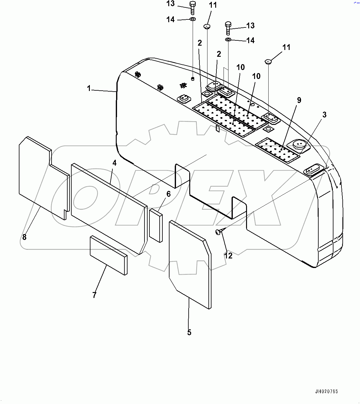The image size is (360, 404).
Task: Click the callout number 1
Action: click(89, 89)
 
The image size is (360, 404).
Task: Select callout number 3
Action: click(324, 115)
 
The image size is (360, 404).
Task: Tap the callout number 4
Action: click(114, 163)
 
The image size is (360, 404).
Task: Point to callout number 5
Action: click(189, 332)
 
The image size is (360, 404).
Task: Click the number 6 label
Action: click(169, 194)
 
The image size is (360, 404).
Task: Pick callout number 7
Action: click(94, 295)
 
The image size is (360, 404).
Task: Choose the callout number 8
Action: click(25, 237)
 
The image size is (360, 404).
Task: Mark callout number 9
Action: click(299, 100)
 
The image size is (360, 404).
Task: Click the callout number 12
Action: click(228, 256)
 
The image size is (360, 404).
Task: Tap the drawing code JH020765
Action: click(326, 392)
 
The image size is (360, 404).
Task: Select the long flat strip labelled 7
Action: click(108, 255)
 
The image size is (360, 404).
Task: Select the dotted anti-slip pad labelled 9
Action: click(277, 150)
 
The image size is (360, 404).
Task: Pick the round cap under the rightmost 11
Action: click(268, 62)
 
